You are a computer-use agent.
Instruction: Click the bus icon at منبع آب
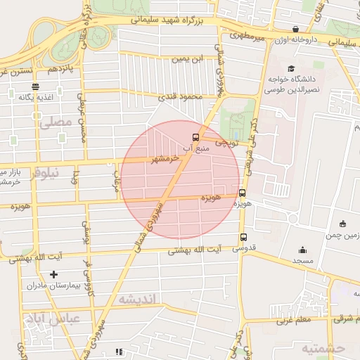(x=195, y=138)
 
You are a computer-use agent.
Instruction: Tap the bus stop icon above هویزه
(x=243, y=192)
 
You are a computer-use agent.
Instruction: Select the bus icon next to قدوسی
(x=243, y=238)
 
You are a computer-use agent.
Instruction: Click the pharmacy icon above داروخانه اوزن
(x=296, y=30)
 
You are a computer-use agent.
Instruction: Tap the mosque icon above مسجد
(x=302, y=250)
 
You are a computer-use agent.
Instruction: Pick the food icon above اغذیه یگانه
(x=36, y=86)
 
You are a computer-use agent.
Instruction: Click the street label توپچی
(x=227, y=143)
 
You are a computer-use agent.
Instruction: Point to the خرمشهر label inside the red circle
(x=163, y=160)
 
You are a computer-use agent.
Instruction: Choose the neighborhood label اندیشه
(x=140, y=300)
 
